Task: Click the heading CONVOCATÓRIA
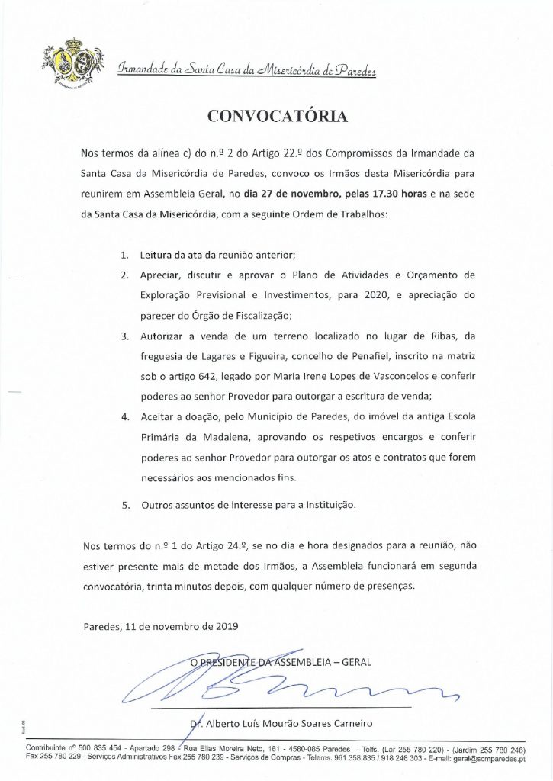pos(277,115)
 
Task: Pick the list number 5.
pos(125,506)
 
